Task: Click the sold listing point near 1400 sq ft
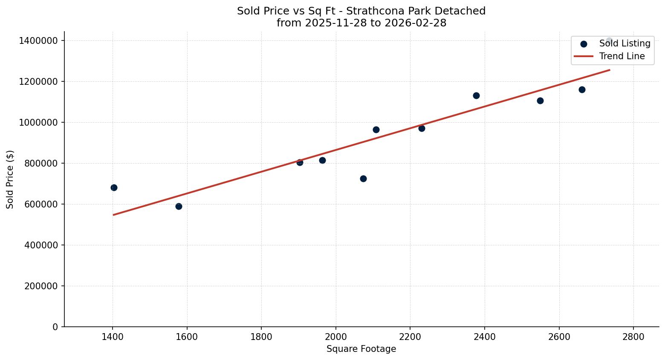click(114, 187)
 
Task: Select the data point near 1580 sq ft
click(179, 206)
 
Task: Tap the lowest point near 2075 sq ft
click(363, 179)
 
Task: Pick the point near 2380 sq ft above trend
click(476, 95)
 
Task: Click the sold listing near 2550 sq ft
click(540, 101)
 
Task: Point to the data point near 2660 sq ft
click(582, 89)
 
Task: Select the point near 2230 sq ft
click(422, 128)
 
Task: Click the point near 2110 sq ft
click(376, 130)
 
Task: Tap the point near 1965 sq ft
click(322, 160)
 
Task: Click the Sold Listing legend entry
click(624, 43)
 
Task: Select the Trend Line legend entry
click(622, 56)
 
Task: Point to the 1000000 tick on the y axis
click(38, 122)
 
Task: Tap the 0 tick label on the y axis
click(55, 327)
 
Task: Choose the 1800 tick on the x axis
click(261, 337)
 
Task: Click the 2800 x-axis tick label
click(633, 337)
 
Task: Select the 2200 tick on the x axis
click(410, 337)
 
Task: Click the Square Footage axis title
click(361, 349)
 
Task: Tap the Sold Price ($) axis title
click(10, 179)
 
